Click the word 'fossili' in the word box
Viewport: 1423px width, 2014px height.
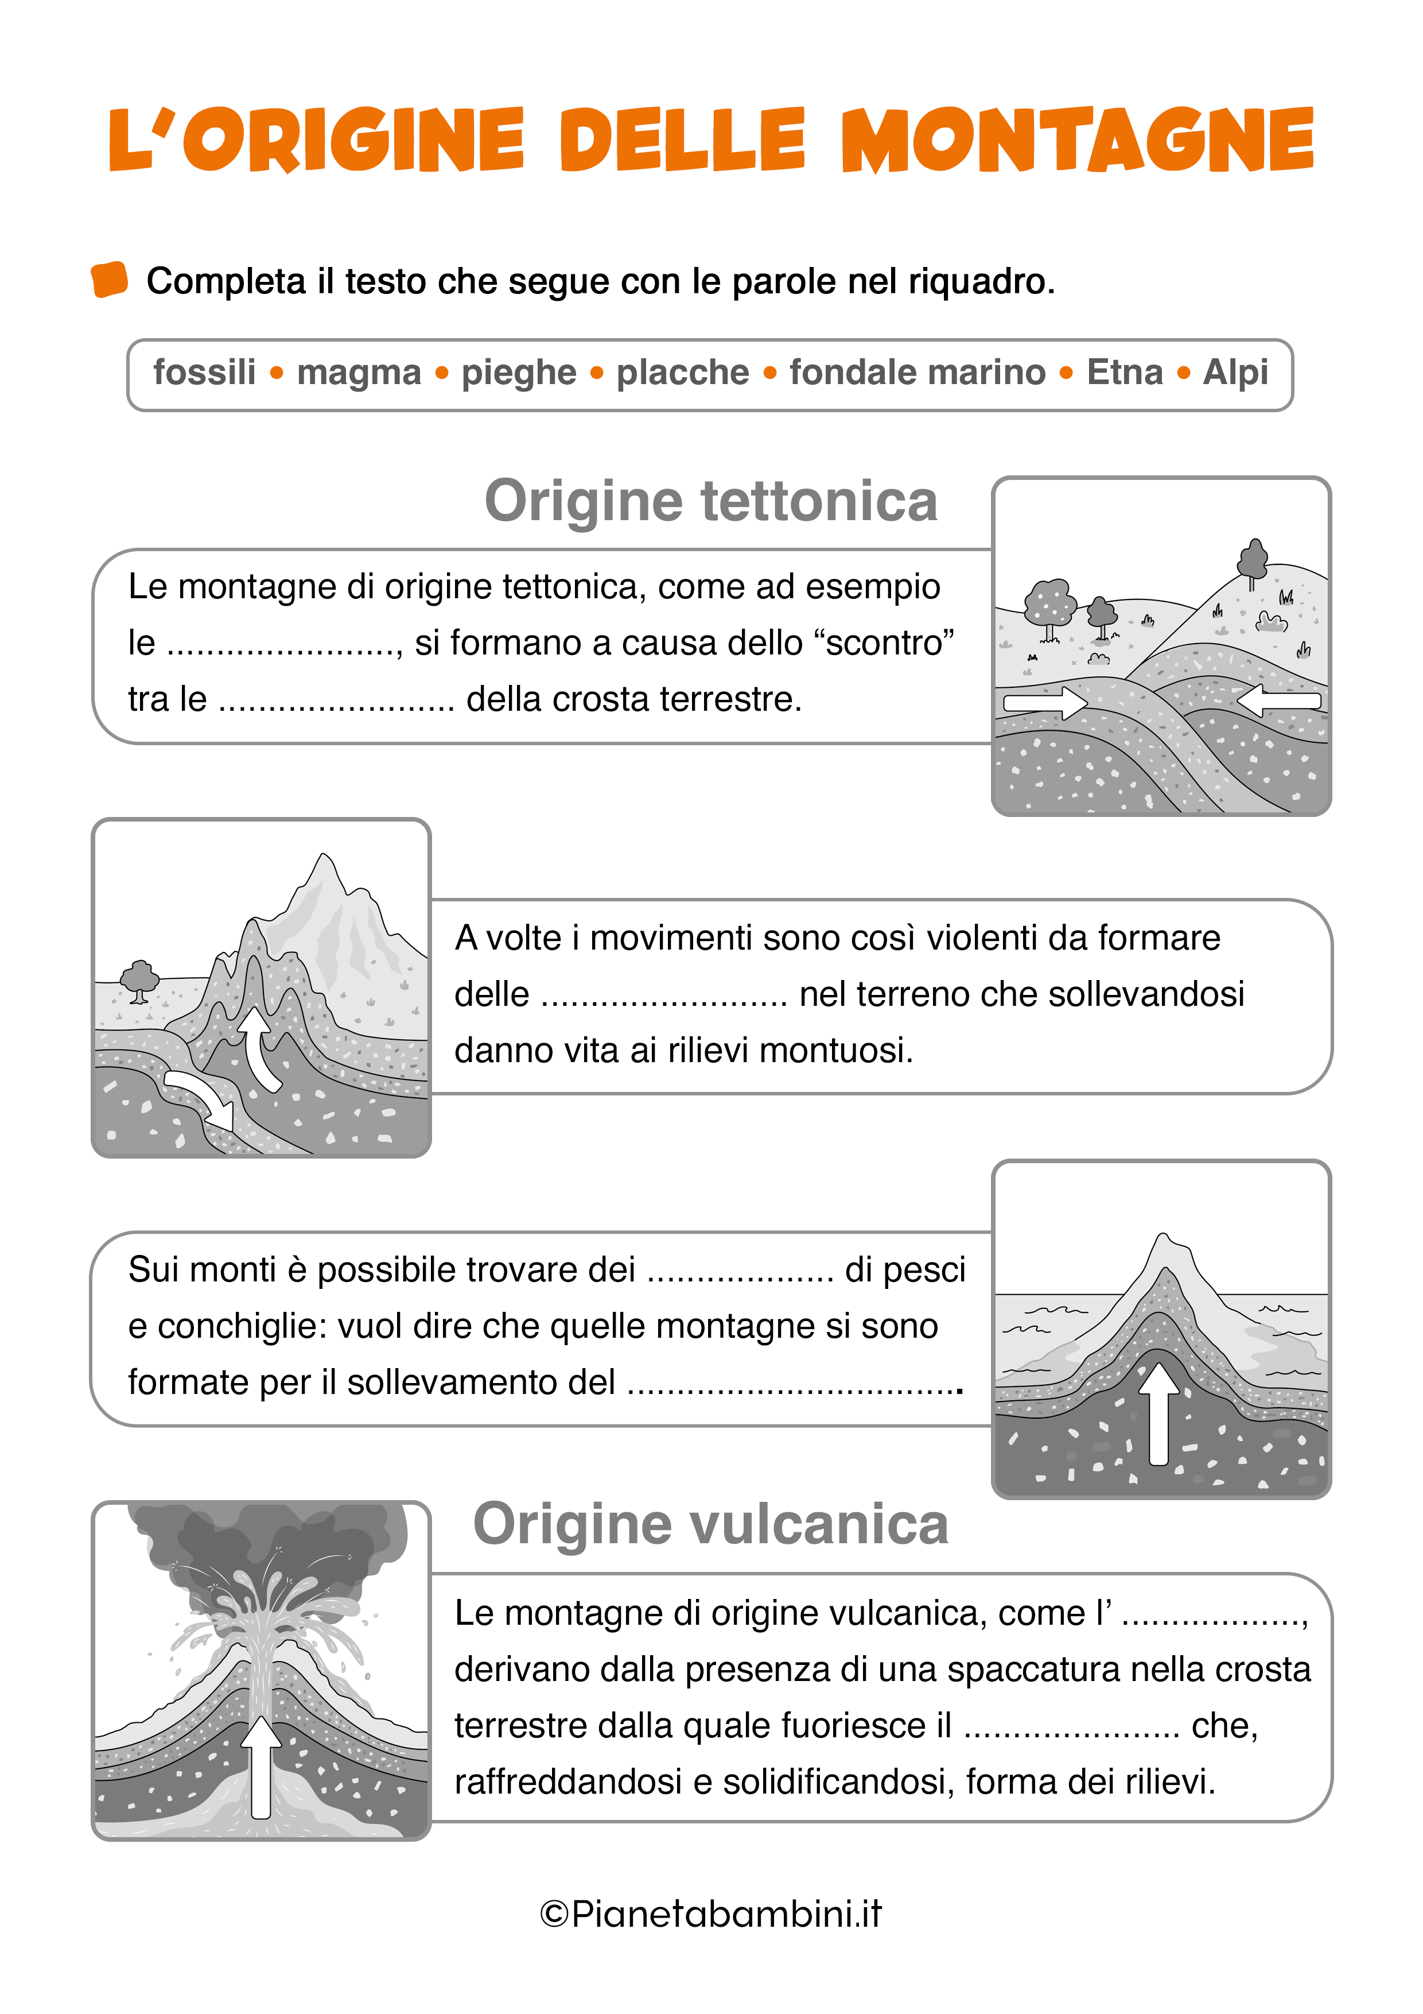click(204, 373)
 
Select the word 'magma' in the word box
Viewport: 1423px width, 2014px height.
click(359, 373)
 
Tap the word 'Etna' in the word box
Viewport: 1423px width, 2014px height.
click(1124, 373)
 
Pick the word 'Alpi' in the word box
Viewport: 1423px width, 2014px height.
click(1234, 373)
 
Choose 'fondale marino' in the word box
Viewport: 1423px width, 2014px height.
click(917, 373)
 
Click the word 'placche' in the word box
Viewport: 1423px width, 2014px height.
click(682, 373)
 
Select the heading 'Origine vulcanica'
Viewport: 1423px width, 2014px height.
click(710, 1524)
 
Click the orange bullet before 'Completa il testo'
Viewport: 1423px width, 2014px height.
click(110, 280)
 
